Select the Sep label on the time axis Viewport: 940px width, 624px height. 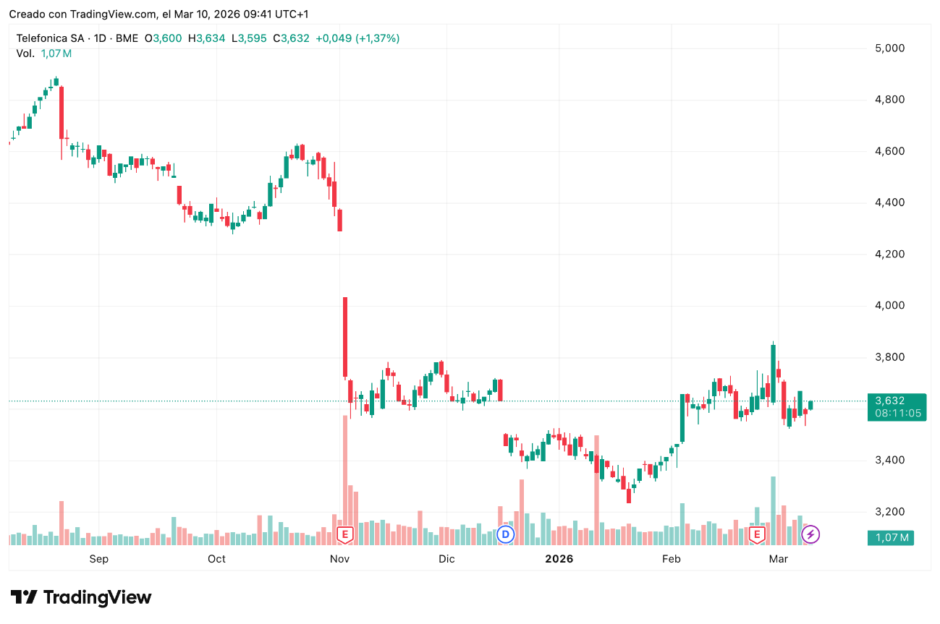click(98, 559)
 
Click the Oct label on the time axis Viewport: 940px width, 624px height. click(216, 559)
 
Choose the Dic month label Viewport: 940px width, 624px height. click(446, 559)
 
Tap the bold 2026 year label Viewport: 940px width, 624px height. click(559, 559)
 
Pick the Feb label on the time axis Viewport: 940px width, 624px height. click(672, 559)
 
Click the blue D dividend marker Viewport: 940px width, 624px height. click(506, 535)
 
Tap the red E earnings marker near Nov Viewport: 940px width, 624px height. click(345, 535)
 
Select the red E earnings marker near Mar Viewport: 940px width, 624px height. click(757, 535)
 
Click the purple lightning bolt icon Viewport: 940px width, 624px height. click(811, 535)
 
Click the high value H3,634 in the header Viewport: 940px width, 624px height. click(206, 38)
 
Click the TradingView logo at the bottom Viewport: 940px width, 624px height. click(81, 597)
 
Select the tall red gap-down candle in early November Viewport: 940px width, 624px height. click(345, 337)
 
